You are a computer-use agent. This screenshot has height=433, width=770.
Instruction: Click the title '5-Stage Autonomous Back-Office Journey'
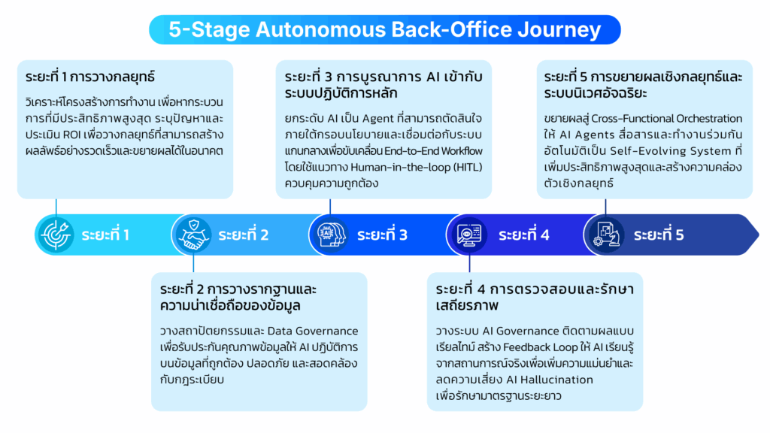point(384,29)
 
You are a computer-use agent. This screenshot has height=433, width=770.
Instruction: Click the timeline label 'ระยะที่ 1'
point(105,235)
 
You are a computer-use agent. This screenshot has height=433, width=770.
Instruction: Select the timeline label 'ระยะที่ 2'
point(244,235)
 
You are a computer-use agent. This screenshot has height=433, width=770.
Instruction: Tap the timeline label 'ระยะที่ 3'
point(382,235)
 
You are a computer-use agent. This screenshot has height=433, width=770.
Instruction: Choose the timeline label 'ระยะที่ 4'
point(523,235)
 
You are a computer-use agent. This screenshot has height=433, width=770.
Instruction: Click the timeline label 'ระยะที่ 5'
point(658,235)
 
